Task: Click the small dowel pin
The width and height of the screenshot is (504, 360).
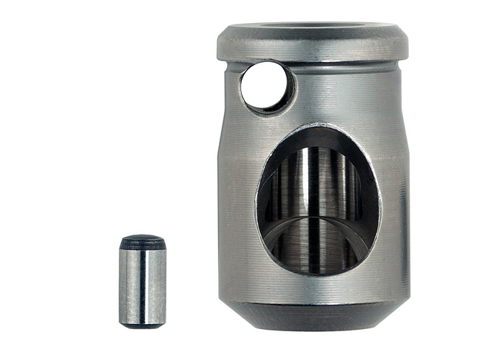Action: tap(142, 281)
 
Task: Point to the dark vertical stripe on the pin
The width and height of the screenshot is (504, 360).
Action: tap(143, 284)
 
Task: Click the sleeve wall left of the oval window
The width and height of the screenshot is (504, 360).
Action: tap(236, 202)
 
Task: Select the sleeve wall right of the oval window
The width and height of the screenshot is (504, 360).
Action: tap(395, 202)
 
